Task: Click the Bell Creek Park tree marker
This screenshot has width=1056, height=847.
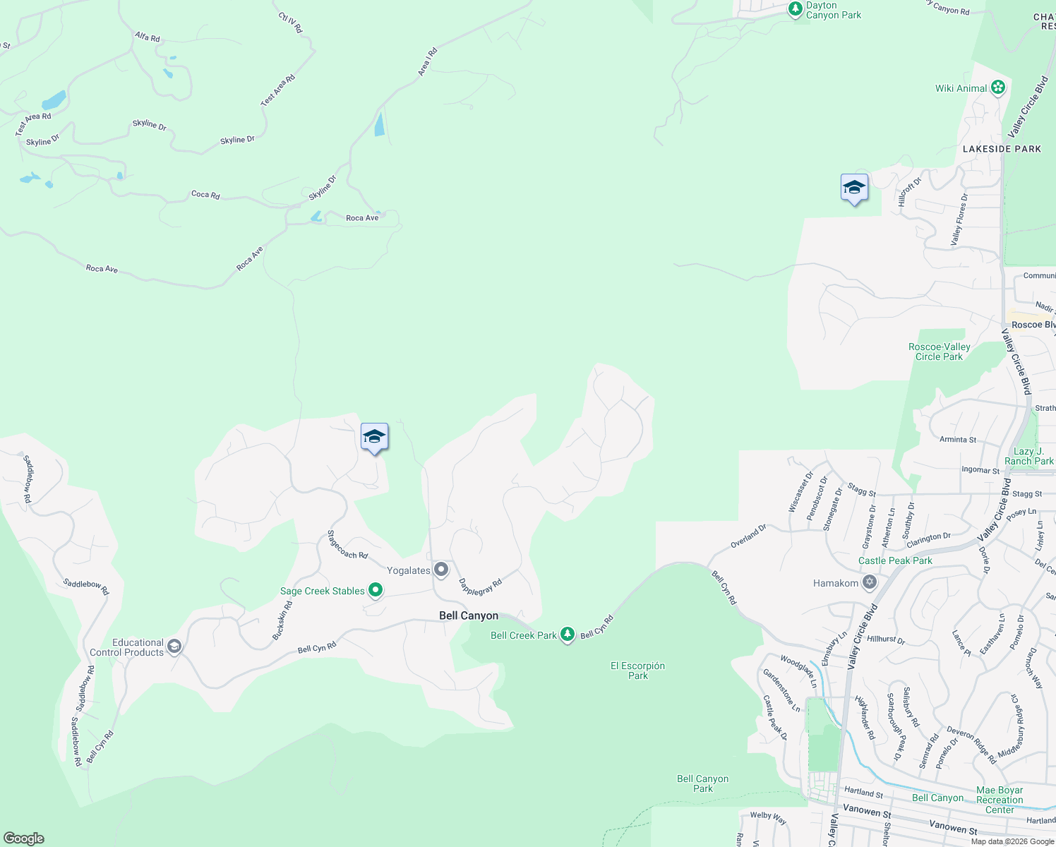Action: tap(568, 634)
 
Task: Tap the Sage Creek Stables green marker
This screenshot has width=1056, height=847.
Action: tap(376, 589)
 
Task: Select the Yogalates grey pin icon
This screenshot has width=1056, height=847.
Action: tap(441, 569)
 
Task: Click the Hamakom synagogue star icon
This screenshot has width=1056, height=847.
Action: tap(870, 582)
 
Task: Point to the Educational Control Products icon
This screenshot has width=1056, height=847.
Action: tap(174, 646)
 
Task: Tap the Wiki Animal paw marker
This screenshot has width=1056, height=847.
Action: tap(997, 88)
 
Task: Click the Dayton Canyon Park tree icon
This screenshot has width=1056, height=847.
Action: tap(796, 10)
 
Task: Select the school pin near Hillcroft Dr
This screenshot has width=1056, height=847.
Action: tap(854, 188)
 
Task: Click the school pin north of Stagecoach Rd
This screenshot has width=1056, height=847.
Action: tap(374, 438)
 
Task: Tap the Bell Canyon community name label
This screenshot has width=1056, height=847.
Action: tap(469, 615)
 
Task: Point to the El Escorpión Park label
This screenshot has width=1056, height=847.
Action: tap(637, 671)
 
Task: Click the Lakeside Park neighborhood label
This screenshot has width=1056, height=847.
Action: tap(1002, 149)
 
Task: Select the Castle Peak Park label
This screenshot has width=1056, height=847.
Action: tap(895, 560)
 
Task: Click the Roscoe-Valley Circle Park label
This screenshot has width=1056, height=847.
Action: tap(939, 352)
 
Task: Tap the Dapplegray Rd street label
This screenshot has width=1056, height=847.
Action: tap(480, 587)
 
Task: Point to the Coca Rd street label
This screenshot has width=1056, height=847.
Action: tap(205, 194)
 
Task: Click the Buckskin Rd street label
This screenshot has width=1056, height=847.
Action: tap(282, 621)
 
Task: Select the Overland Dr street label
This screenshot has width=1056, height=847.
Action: tap(748, 536)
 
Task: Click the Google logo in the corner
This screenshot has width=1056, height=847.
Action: tap(24, 839)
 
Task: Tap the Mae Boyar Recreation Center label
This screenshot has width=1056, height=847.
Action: tap(1000, 800)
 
